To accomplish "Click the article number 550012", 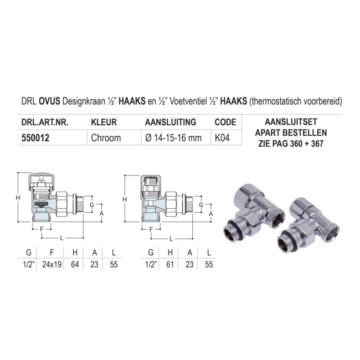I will pos(34,138).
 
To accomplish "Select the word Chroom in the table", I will pos(105,138).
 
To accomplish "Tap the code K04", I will pos(223,138).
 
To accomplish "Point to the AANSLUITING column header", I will pos(170,122).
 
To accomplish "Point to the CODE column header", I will pos(225,122).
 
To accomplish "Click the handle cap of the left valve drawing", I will pos(43,182).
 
